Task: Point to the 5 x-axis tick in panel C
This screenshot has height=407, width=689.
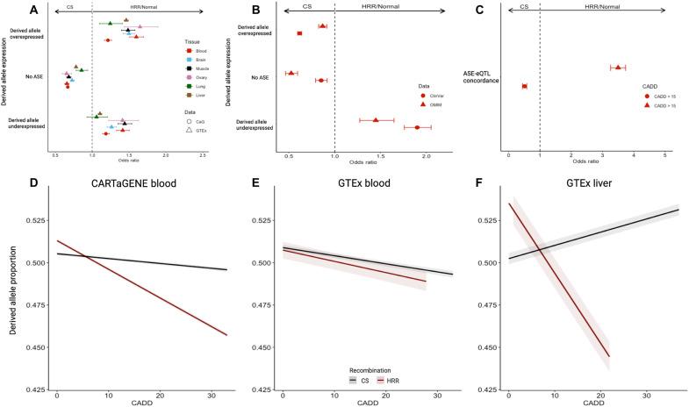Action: coord(664,154)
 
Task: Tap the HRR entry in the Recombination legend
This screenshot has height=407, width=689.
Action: coord(386,381)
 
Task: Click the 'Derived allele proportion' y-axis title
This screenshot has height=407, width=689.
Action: coord(10,289)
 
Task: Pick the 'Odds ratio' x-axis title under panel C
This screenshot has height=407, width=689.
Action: coord(585,162)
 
